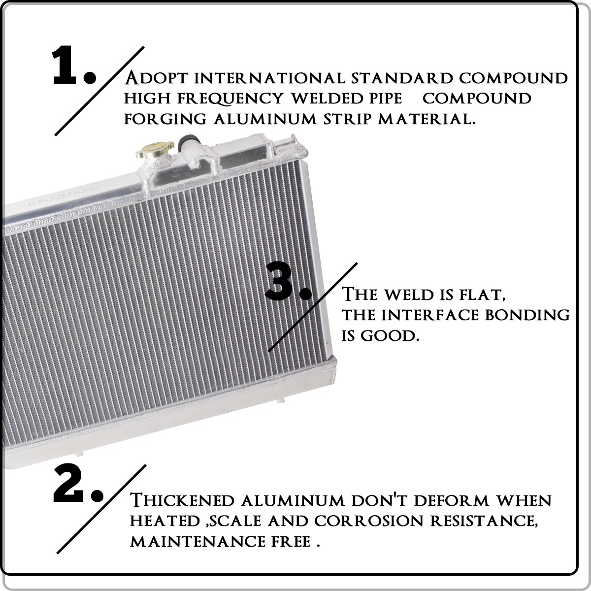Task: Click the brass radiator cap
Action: coord(155,149)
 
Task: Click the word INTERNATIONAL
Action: coord(269,78)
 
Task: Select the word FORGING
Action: coord(165,119)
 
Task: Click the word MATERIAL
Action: coord(427,119)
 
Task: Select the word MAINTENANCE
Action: coord(197,541)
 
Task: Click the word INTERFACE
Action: coord(429,315)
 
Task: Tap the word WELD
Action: coord(408,295)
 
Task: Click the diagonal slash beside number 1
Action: coord(99,91)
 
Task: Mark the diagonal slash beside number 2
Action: coord(101,509)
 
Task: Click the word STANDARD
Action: coord(402,78)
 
